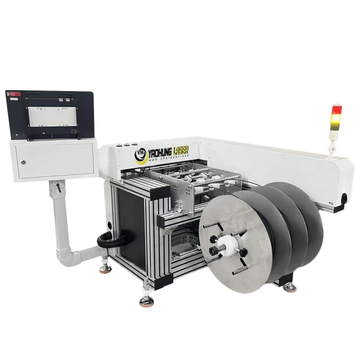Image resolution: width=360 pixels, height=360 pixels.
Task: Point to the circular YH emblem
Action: [x=140, y=155]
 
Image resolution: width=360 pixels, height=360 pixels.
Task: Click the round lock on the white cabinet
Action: [x=22, y=163]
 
